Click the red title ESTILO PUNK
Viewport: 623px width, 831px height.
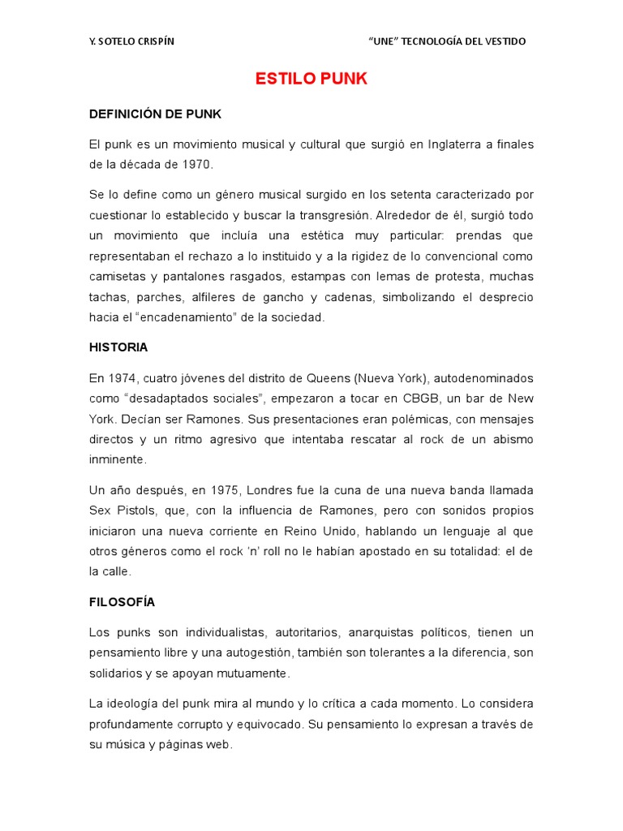(311, 80)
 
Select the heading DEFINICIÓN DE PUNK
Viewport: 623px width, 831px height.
(155, 114)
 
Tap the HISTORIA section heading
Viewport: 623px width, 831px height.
(118, 347)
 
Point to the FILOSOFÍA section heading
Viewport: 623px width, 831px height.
(122, 602)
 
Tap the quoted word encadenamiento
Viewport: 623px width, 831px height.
(192, 317)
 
